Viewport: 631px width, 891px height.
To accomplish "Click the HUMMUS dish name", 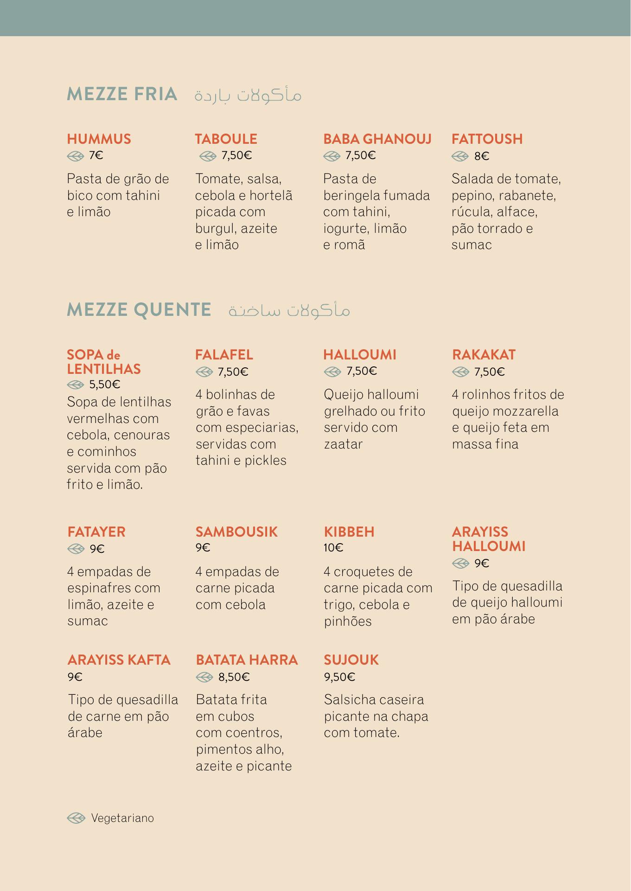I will [99, 139].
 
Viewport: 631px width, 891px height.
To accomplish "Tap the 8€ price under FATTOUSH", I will [482, 156].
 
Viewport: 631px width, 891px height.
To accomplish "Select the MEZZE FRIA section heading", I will [122, 94].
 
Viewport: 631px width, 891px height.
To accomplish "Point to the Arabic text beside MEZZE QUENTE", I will [289, 310].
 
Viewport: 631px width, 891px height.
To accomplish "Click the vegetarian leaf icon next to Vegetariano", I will [76, 818].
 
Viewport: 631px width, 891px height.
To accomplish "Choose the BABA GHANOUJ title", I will [377, 139].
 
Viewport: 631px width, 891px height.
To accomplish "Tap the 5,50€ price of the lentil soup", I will [105, 385].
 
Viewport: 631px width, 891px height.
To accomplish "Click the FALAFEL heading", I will [224, 355].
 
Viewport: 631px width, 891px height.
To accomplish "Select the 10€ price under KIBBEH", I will [333, 548].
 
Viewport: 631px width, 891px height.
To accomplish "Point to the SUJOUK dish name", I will [351, 660].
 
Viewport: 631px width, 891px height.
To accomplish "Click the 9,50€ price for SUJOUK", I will [339, 677].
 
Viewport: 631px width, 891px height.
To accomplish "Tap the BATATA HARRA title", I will [247, 660].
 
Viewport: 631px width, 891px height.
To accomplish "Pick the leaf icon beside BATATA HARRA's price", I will [204, 677].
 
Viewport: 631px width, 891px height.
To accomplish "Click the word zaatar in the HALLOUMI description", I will [343, 444].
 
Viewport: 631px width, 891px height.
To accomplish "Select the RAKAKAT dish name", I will [484, 355].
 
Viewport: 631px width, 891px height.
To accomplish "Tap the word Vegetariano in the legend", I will [122, 818].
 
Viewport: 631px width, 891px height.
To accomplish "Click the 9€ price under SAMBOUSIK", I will [203, 548].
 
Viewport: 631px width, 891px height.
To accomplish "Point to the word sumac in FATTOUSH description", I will [472, 245].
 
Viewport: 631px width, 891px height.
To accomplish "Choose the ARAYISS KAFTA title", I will [119, 660].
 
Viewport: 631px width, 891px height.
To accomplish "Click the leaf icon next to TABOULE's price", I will [208, 156].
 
